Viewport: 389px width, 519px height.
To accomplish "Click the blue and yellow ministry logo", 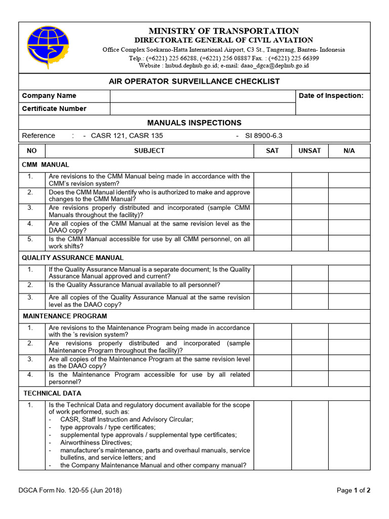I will (48, 47).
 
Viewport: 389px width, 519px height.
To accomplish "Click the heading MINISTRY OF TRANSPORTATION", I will (223, 31).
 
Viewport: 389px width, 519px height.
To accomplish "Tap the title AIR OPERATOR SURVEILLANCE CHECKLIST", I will (194, 81).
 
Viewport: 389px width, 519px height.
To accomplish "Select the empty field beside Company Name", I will (203, 96).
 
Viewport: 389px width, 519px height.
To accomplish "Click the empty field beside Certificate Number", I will (203, 108).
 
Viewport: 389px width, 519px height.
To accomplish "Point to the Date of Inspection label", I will (331, 96).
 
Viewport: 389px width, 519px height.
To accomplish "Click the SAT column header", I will (273, 151).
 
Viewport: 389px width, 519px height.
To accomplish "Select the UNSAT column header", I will (309, 151).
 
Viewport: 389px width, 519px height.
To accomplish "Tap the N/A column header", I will (349, 151).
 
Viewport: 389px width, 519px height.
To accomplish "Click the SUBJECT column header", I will (149, 151).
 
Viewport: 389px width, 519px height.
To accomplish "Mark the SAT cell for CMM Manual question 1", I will (273, 180).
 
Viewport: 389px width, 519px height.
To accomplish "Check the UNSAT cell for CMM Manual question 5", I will (309, 242).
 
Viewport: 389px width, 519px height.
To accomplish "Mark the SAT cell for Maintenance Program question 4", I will (273, 378).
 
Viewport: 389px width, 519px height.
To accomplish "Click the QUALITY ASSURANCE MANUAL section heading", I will (72, 257).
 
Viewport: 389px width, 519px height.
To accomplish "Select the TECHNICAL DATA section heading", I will (52, 393).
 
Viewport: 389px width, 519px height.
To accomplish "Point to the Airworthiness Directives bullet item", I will (96, 442).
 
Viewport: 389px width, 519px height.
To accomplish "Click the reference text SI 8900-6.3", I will (263, 135).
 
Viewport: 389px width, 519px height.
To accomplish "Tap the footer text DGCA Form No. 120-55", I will (70, 490).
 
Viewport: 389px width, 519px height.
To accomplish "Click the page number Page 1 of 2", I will (354, 490).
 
